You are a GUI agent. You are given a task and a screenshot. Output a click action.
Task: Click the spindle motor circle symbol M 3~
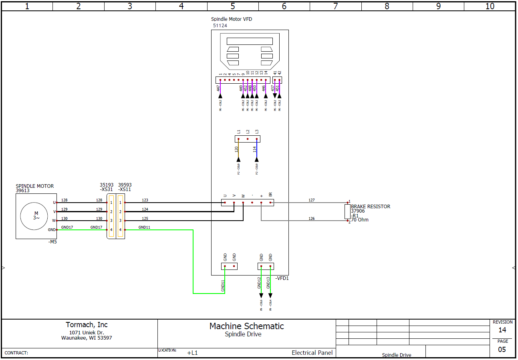36,216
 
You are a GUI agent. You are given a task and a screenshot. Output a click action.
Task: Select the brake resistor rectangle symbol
347,211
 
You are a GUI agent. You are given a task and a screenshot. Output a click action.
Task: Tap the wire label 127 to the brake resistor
312,200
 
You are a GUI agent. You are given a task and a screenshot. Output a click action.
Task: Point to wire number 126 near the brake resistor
312,219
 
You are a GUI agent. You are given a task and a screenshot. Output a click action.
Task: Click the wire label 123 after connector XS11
145,200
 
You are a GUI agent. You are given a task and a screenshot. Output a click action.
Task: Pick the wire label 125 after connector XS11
145,218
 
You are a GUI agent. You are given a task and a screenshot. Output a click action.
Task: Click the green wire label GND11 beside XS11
144,227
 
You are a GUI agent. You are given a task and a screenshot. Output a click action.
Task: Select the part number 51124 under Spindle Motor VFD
220,26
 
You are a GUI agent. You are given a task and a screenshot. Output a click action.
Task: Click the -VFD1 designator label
282,278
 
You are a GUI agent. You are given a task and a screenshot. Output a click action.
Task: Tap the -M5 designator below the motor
52,242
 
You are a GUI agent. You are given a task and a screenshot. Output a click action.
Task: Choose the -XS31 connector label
107,189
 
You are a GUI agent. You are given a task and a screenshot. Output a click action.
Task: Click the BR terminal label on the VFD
271,195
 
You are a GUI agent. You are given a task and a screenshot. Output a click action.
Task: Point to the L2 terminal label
248,131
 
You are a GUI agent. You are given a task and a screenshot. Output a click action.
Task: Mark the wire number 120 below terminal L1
236,149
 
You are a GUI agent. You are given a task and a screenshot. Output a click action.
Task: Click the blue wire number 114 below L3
255,149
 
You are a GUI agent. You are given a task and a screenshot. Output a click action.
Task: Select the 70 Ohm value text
360,220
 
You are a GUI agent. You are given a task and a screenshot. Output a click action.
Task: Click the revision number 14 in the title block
502,330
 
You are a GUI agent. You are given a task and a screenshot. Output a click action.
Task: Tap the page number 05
502,350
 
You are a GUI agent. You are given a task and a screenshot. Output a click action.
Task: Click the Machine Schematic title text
246,326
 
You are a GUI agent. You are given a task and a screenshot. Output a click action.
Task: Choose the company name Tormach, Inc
87,325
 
